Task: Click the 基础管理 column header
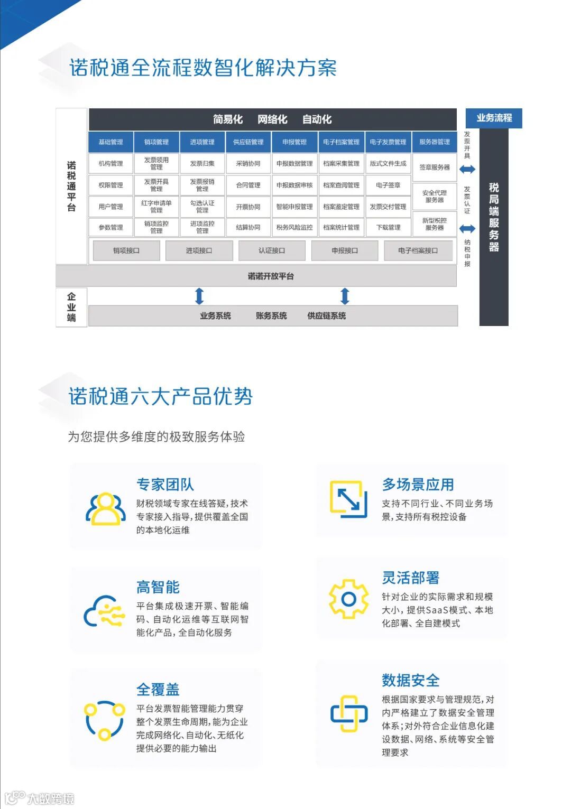click(x=110, y=142)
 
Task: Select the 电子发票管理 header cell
click(x=388, y=142)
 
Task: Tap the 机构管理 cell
click(x=110, y=164)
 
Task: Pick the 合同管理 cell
click(x=248, y=185)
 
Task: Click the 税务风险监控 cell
click(x=294, y=228)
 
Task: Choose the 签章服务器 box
click(x=435, y=168)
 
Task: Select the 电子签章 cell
click(x=388, y=185)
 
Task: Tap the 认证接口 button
click(x=272, y=250)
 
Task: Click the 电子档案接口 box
click(x=418, y=250)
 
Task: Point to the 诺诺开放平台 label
click(x=271, y=276)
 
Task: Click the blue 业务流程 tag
click(x=494, y=118)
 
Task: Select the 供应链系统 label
click(x=327, y=316)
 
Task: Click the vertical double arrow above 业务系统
click(x=199, y=296)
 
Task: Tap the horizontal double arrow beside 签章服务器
click(x=467, y=169)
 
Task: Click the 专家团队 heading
click(x=165, y=485)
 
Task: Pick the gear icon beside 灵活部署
click(x=348, y=599)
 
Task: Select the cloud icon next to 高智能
click(x=104, y=611)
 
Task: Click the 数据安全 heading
click(x=411, y=681)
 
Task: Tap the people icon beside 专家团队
click(x=106, y=508)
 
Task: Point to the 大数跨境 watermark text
click(x=51, y=798)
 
